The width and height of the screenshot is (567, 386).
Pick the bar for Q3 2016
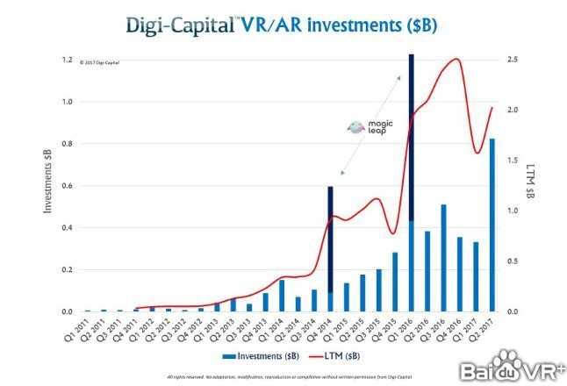pos(443,258)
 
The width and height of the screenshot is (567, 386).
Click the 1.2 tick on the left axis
pos(67,60)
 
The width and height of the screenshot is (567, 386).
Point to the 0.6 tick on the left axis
pos(67,186)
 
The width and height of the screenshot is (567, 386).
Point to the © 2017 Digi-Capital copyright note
pos(98,62)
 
